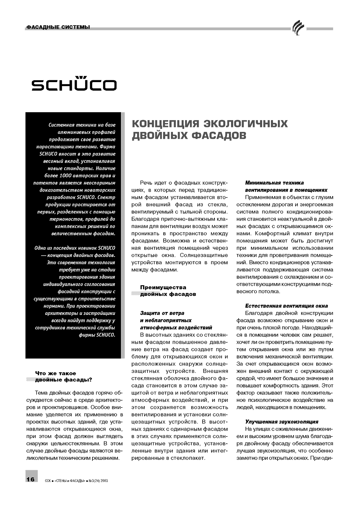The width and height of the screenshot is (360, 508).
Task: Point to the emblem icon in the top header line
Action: (297, 29)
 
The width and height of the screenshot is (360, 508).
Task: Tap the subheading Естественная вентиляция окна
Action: (286, 305)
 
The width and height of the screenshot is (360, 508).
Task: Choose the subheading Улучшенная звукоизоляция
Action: (281, 422)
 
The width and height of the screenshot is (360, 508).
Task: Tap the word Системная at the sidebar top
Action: (55, 125)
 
